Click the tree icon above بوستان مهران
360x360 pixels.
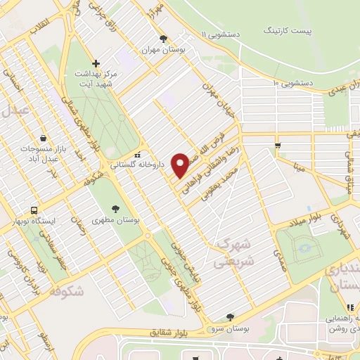pos(163,39)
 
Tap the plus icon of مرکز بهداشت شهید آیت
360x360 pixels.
pos(96,63)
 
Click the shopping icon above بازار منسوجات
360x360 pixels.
pos(44,138)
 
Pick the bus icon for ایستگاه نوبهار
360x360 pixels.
pos(33,210)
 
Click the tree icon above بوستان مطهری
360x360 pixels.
pos(115,208)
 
